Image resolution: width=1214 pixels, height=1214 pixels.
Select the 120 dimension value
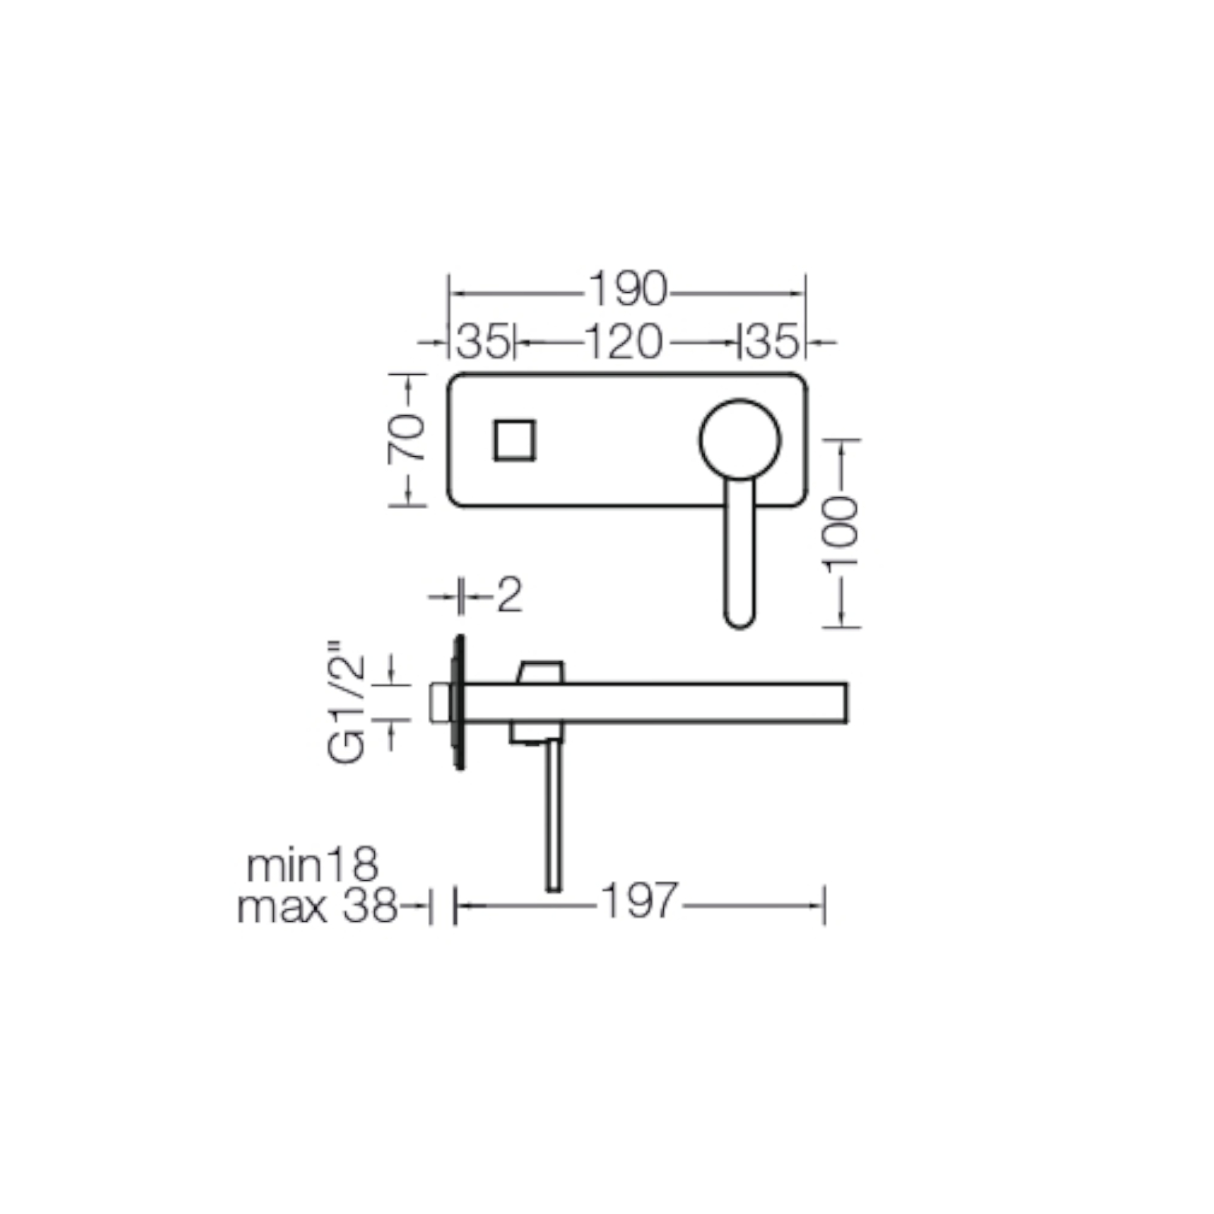624,341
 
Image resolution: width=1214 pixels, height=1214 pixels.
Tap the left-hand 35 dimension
483,341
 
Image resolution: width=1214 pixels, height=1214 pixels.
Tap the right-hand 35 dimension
772,341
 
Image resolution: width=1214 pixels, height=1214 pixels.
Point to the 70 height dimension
407,439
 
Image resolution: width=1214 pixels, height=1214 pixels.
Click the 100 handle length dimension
841,533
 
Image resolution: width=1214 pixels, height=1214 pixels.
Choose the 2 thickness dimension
510,596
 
